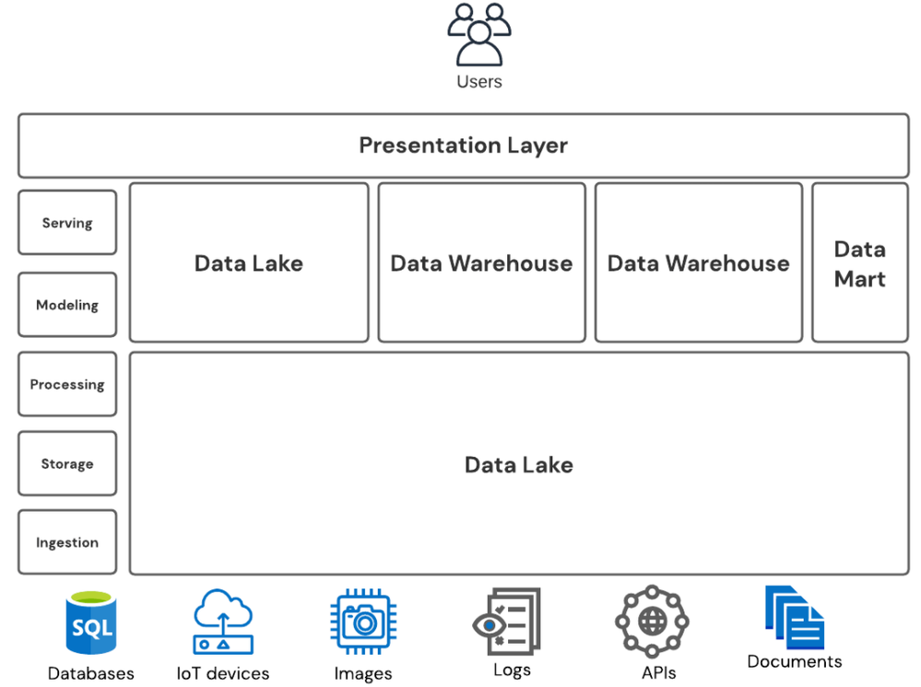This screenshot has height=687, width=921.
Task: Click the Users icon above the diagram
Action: click(x=478, y=35)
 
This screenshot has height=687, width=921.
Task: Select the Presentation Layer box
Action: click(x=464, y=146)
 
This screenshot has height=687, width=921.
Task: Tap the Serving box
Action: click(x=67, y=222)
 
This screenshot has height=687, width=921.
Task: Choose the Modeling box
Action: click(x=67, y=305)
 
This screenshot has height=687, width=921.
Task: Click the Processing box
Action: click(x=67, y=384)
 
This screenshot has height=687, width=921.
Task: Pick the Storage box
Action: click(x=67, y=463)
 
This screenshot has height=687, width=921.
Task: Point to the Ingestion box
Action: click(x=67, y=542)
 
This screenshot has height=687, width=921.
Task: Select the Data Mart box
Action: click(x=860, y=262)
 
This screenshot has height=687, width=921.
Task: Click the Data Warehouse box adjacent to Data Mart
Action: click(x=699, y=262)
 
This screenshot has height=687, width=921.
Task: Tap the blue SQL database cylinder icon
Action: click(x=91, y=623)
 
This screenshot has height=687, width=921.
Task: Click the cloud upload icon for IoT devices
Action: click(x=223, y=622)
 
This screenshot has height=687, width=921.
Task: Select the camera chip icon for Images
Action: click(x=363, y=622)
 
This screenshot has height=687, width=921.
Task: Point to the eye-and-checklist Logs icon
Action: click(x=506, y=622)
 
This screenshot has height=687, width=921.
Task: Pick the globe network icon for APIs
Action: click(x=652, y=622)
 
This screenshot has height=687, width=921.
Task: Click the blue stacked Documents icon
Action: click(x=794, y=617)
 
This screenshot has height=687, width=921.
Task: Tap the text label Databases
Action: click(x=91, y=673)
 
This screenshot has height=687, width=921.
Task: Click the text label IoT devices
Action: click(x=223, y=673)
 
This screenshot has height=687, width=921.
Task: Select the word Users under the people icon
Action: click(x=479, y=82)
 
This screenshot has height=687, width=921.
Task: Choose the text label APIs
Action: click(x=659, y=673)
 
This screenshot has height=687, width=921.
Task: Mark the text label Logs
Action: click(x=513, y=670)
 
